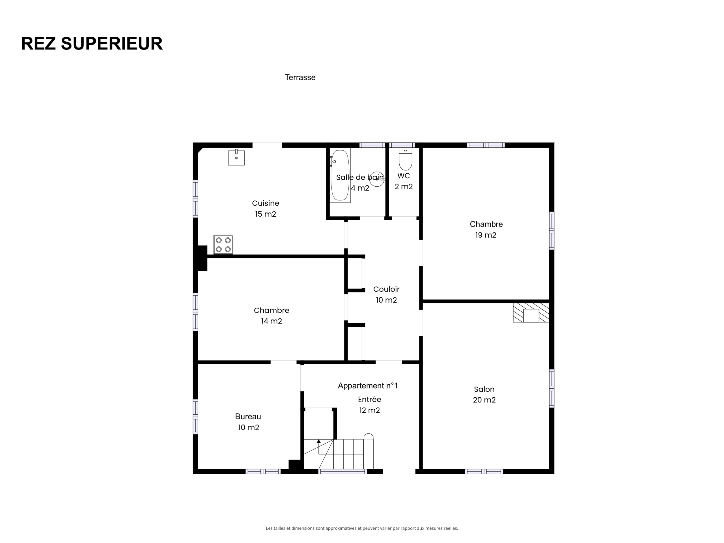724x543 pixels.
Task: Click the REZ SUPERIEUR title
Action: point(92,44)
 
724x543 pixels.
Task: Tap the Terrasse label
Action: point(300,77)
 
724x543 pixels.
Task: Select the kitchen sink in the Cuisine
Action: point(236,158)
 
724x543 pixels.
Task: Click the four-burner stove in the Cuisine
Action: point(223,245)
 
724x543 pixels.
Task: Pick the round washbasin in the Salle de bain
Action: point(377,179)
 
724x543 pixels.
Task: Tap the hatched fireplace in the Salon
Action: point(531,313)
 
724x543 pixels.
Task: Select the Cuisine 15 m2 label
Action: point(266,208)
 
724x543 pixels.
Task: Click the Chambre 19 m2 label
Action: point(486,229)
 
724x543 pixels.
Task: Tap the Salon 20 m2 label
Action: point(484,395)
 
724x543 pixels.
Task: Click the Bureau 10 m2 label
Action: point(248,422)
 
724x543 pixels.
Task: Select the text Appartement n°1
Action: point(368,386)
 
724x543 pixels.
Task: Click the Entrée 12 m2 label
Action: point(370,405)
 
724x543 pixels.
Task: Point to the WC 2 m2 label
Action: point(404,181)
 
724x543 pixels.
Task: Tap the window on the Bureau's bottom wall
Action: point(263,472)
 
